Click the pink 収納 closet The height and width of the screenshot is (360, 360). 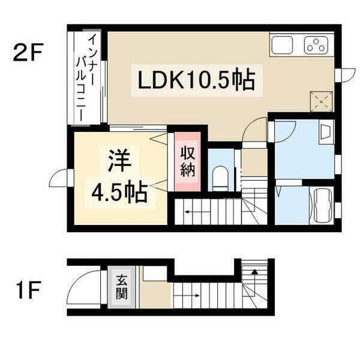click(x=188, y=161)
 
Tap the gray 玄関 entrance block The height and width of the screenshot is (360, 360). click(x=122, y=287)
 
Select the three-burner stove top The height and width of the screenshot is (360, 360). click(x=315, y=45)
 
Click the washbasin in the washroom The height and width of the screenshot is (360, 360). click(x=326, y=132)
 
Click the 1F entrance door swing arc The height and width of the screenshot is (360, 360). click(x=79, y=289)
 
